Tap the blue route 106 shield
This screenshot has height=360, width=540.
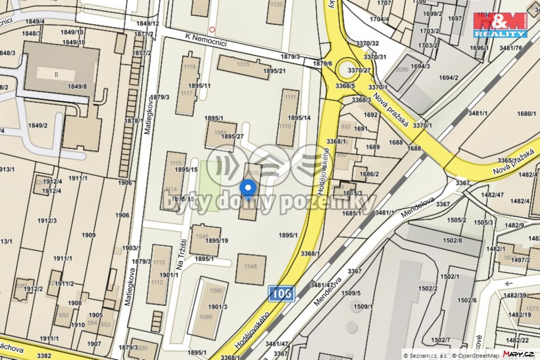(x=281, y=293)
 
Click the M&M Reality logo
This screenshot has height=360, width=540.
(x=500, y=25)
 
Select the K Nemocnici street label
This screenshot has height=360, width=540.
(x=206, y=40)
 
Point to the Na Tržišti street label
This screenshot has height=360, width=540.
(x=181, y=254)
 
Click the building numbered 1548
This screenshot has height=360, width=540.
(x=251, y=269)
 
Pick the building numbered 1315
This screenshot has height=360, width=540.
(x=243, y=66)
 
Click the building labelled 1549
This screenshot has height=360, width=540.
(x=205, y=239)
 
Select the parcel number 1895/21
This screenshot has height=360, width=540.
(x=274, y=71)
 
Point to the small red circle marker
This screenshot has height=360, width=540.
(x=213, y=29)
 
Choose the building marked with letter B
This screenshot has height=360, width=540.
(x=56, y=74)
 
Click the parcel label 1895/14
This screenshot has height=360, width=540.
(x=299, y=118)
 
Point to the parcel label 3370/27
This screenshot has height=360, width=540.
(x=359, y=71)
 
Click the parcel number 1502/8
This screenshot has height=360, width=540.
(x=452, y=240)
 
